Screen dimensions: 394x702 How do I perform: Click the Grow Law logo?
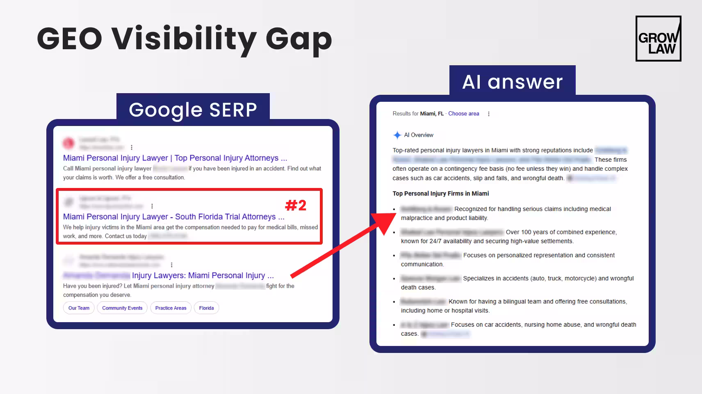click(x=658, y=39)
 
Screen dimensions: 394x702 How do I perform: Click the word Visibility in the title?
click(x=184, y=39)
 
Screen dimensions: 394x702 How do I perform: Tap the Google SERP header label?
click(x=193, y=110)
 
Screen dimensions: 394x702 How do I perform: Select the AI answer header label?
click(x=512, y=82)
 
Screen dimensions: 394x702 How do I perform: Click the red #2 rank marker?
click(x=296, y=205)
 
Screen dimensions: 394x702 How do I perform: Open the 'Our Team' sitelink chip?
click(x=79, y=308)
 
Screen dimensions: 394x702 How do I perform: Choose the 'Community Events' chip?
click(x=122, y=308)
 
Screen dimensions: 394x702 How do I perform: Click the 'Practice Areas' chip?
click(x=171, y=308)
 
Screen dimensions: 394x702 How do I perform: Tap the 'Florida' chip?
click(x=206, y=308)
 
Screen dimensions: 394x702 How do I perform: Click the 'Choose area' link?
click(x=463, y=114)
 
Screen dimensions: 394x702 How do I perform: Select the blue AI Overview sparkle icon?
click(x=397, y=135)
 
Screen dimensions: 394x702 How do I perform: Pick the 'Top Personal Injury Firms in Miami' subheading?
click(x=440, y=194)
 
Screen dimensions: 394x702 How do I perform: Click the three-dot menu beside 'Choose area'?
click(x=488, y=114)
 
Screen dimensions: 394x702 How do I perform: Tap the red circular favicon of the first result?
click(x=68, y=143)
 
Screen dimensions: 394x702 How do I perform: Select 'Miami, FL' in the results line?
click(x=432, y=114)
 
